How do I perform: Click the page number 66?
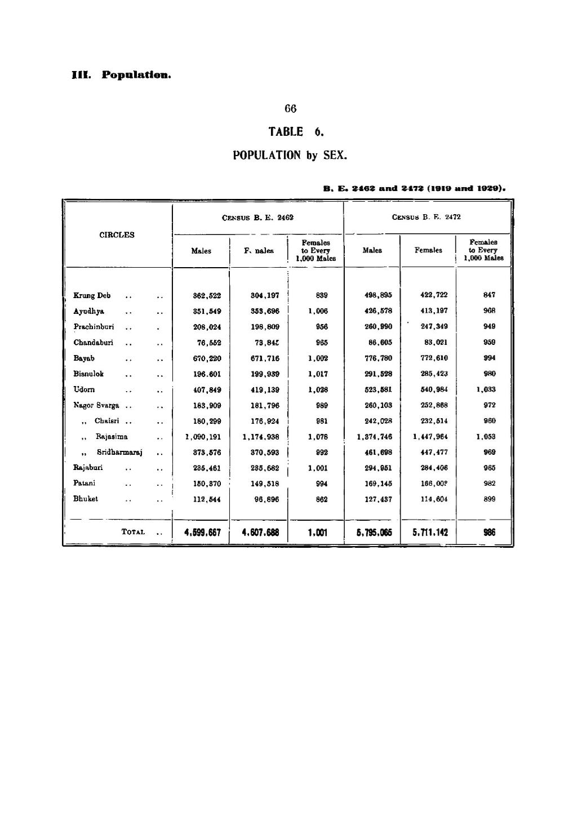(291, 109)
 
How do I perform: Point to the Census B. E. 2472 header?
(427, 217)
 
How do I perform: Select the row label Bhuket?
(86, 499)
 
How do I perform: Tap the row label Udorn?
(84, 389)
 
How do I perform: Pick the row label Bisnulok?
(88, 373)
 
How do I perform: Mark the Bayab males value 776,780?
(371, 358)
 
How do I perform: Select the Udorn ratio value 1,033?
(486, 389)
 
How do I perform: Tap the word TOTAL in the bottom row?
(134, 531)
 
